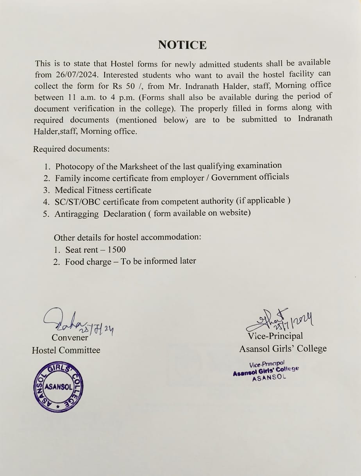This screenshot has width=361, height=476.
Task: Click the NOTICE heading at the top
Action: click(x=182, y=45)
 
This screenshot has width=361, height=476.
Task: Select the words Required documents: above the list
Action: click(x=71, y=149)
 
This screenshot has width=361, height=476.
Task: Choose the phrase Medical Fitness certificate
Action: click(x=103, y=190)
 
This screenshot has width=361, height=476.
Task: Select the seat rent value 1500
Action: click(x=117, y=249)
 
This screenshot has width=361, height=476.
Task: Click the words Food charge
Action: click(x=88, y=261)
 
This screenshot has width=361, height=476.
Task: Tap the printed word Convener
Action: click(x=70, y=337)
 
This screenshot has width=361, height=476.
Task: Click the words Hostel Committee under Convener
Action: click(x=66, y=350)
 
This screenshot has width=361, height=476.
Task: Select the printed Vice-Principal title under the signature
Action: click(x=275, y=336)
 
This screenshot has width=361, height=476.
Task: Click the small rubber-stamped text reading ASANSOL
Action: click(x=269, y=378)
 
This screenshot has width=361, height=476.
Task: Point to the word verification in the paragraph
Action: click(x=92, y=109)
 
